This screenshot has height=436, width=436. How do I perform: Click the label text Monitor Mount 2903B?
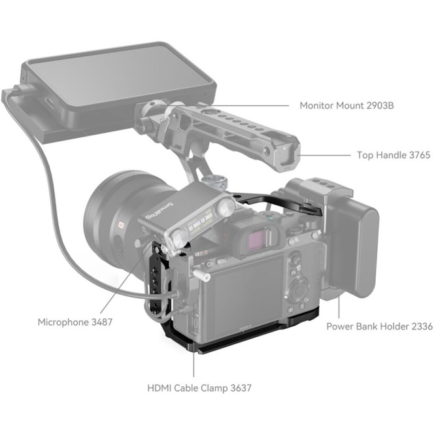click(x=346, y=106)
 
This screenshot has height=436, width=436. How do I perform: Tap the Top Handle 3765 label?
click(x=394, y=155)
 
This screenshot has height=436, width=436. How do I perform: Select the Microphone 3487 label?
click(x=75, y=322)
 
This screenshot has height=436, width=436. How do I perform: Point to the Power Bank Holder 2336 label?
click(x=380, y=326)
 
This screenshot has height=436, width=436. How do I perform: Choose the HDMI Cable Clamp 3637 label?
click(x=199, y=388)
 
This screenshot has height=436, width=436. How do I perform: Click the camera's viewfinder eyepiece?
click(x=260, y=239)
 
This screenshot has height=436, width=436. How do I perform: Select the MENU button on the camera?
click(x=222, y=261)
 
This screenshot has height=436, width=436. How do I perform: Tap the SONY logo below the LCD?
click(x=246, y=328)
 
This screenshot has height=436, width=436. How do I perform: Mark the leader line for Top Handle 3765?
click(x=326, y=155)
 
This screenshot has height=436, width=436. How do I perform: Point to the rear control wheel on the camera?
click(x=297, y=290)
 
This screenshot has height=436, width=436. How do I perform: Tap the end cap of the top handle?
click(x=286, y=155)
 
